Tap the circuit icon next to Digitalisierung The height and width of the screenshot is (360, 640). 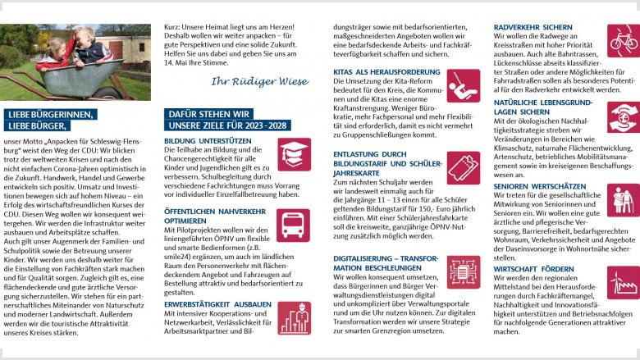pyautogui.click(x=464, y=271)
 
